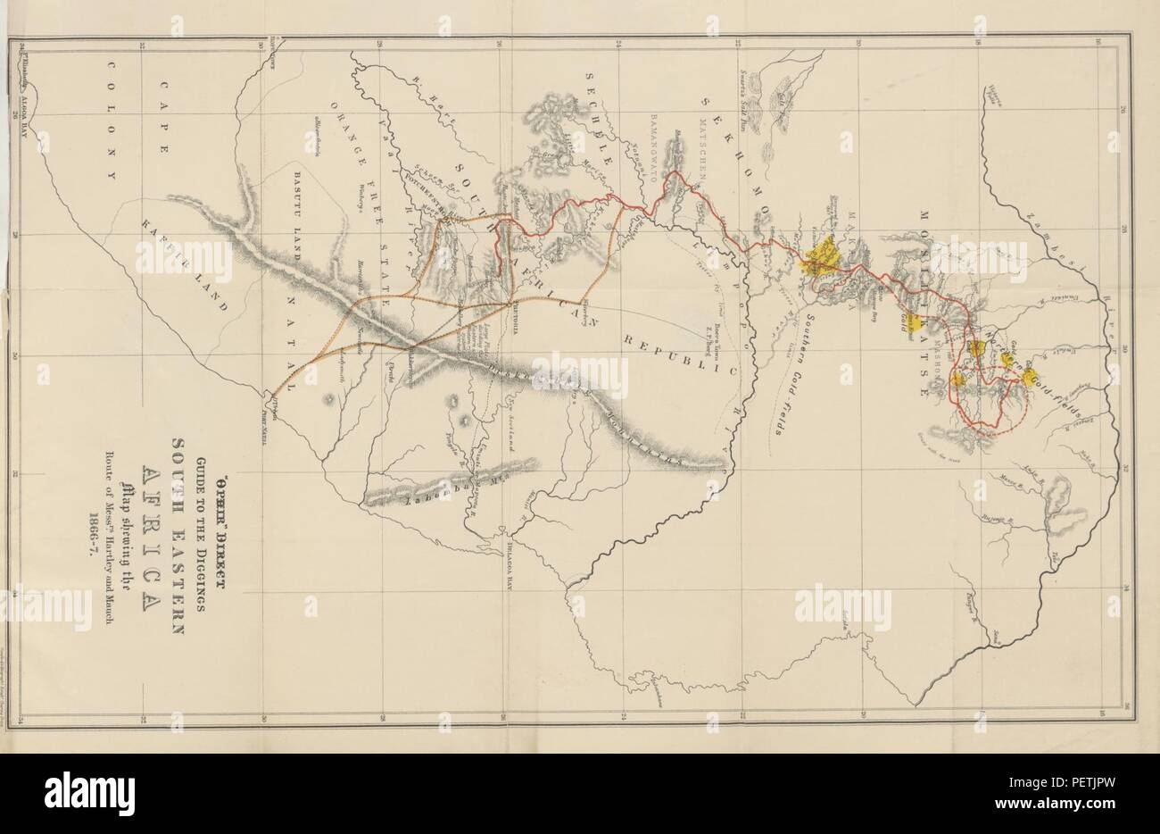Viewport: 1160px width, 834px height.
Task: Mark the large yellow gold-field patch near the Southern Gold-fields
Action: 820,258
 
